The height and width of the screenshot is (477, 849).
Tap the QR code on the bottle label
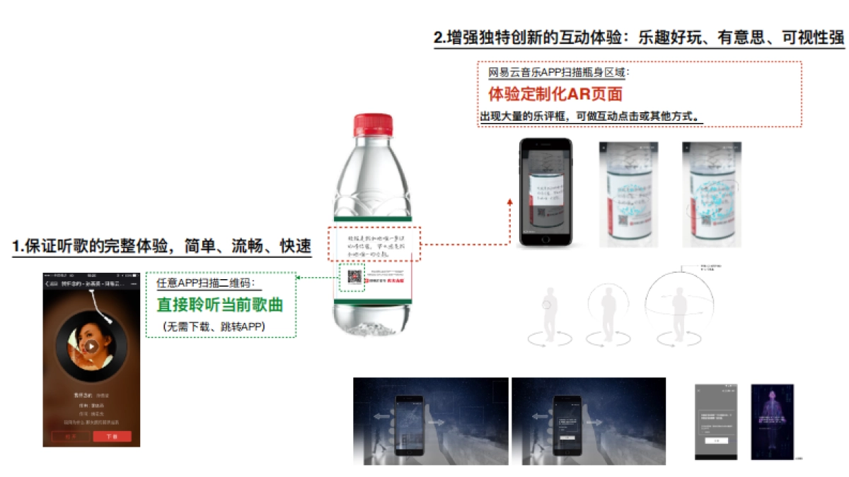click(352, 278)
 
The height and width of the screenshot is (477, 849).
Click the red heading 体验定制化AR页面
click(555, 94)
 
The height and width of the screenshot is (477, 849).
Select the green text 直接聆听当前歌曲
click(219, 305)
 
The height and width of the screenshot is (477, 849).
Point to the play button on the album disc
click(91, 346)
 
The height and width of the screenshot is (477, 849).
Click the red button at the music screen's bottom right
click(112, 436)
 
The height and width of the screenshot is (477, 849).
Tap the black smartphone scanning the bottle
click(545, 192)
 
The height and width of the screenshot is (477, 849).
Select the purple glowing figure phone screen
click(772, 421)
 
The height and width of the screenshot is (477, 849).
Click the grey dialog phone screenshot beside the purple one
click(716, 421)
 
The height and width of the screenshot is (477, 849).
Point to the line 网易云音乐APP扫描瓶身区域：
click(558, 72)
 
